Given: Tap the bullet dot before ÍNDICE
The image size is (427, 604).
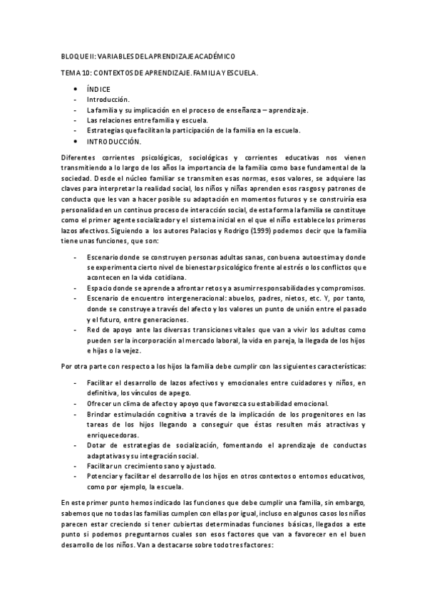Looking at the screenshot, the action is (76, 89).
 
